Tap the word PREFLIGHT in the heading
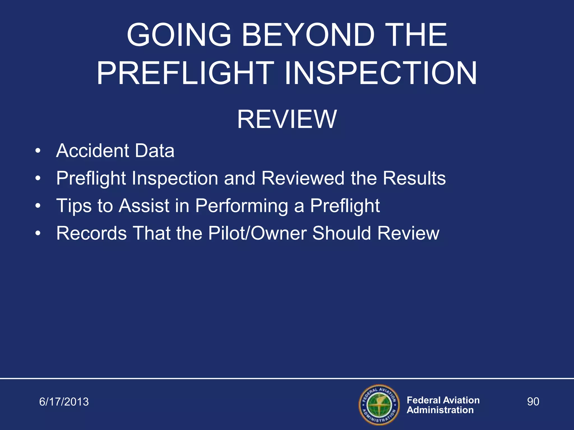[185, 74]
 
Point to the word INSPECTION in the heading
[381, 74]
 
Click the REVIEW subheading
[287, 120]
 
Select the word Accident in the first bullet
[92, 151]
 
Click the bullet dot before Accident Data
[38, 151]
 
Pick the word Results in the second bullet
[414, 178]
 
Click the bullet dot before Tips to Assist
[38, 206]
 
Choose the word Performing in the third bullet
[242, 206]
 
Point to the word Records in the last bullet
[91, 233]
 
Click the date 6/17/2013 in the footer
[64, 402]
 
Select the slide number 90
[533, 401]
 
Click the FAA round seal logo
[379, 405]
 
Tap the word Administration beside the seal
[440, 410]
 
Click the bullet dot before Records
[38, 233]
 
